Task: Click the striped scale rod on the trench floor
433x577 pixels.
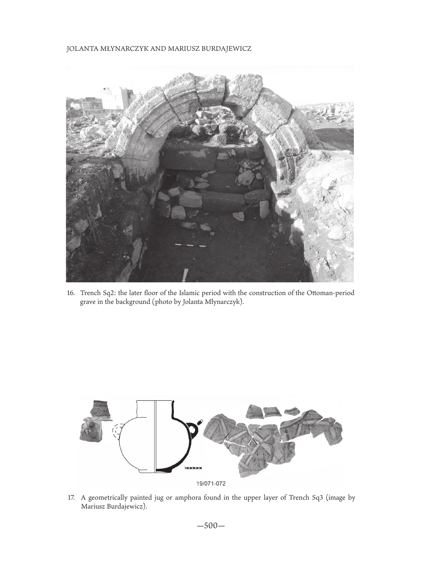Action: (x=190, y=245)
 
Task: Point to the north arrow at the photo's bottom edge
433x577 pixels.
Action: (x=185, y=275)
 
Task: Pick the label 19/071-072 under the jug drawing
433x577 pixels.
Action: (x=210, y=483)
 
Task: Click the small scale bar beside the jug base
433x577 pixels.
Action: (x=193, y=468)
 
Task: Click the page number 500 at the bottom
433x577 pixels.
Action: (x=210, y=525)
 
